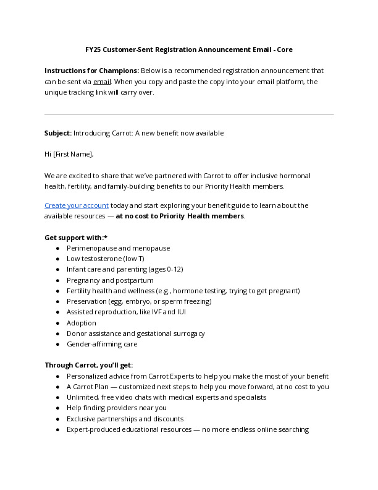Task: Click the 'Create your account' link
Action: tap(77, 205)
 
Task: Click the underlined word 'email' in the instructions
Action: tap(102, 82)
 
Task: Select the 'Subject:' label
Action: tap(58, 133)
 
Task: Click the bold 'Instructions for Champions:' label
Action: tap(91, 71)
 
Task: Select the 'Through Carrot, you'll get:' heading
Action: tap(88, 365)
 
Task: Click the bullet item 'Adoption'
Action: tap(82, 323)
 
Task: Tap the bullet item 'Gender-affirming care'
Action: tap(102, 344)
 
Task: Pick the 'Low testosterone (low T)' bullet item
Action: tap(105, 259)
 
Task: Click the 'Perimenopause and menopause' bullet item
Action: tap(118, 248)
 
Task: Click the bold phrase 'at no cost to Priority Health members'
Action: tap(180, 216)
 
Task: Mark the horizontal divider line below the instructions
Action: tap(189, 114)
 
